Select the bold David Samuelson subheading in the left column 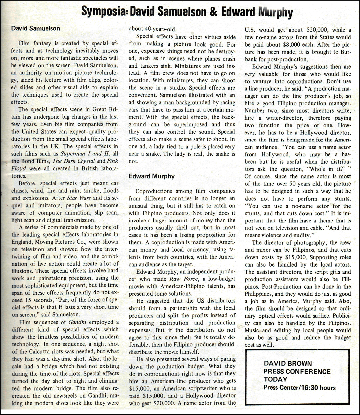pos(36,28)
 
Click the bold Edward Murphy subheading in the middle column pos(152,176)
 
